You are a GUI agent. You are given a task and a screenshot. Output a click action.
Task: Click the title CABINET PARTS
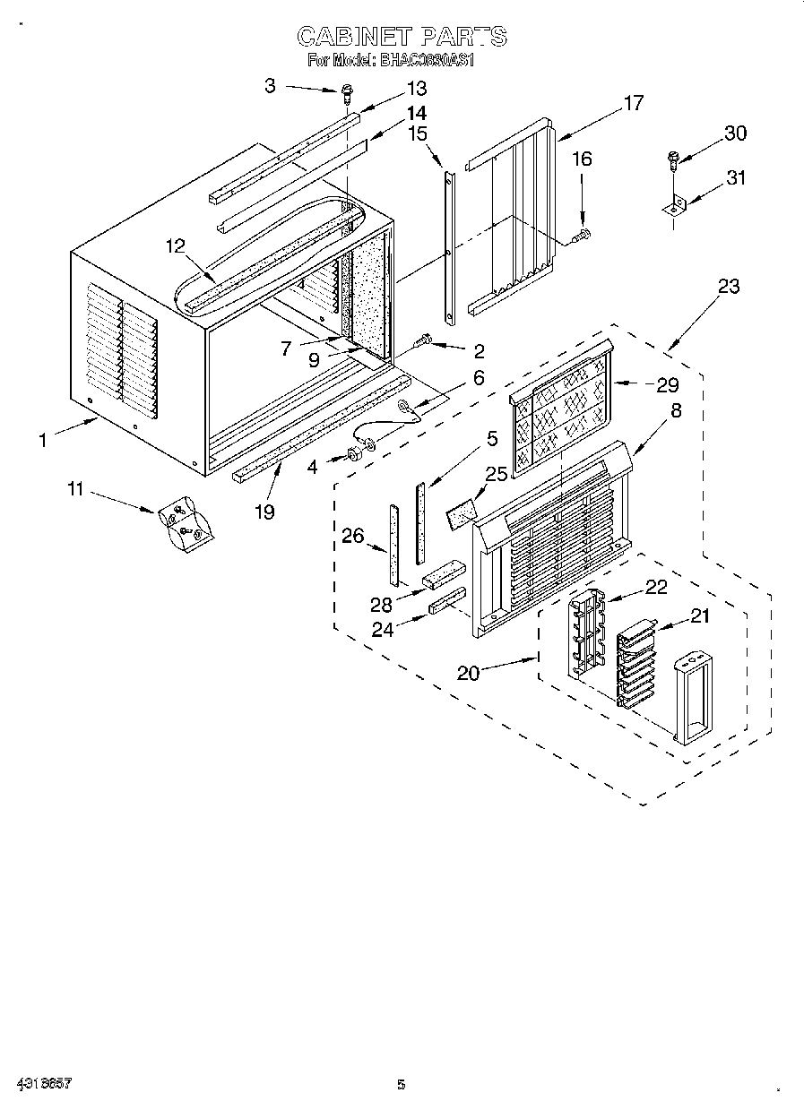402,37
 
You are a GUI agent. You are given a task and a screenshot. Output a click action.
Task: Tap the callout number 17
633,104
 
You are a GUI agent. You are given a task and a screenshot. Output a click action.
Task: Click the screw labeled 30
672,159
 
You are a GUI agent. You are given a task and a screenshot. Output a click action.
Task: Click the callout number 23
729,287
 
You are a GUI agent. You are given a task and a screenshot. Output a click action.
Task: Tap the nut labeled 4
353,454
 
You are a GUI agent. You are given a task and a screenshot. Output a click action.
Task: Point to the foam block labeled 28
445,572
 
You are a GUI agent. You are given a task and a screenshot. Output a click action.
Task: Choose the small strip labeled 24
447,599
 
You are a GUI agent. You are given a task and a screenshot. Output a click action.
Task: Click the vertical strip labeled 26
393,543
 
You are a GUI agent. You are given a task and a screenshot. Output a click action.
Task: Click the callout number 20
468,672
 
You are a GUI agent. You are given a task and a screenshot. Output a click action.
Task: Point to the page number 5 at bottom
401,1086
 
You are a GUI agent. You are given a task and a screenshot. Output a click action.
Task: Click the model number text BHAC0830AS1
429,61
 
